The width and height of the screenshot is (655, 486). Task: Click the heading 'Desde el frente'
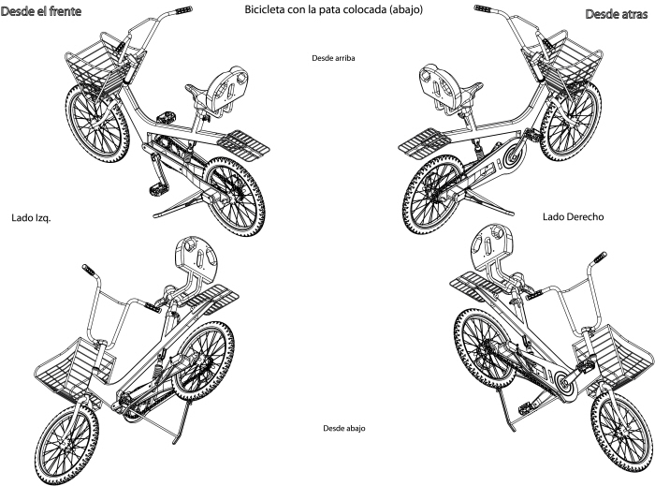click(x=40, y=11)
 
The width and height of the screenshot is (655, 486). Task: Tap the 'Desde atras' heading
click(x=616, y=14)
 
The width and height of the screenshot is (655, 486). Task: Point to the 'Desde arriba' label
click(x=333, y=58)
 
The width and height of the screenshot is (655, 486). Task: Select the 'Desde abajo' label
click(x=344, y=428)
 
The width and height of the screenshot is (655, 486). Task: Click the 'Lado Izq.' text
click(x=31, y=218)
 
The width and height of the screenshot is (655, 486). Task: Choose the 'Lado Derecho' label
click(x=573, y=217)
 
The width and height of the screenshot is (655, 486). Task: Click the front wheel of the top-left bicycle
click(x=97, y=123)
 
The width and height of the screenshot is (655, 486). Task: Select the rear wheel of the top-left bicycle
click(x=234, y=197)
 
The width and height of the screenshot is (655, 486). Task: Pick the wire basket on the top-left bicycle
click(x=99, y=66)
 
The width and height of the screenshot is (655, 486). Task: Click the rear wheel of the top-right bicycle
click(x=433, y=195)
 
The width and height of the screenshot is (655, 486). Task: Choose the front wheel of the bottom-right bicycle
click(x=622, y=432)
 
